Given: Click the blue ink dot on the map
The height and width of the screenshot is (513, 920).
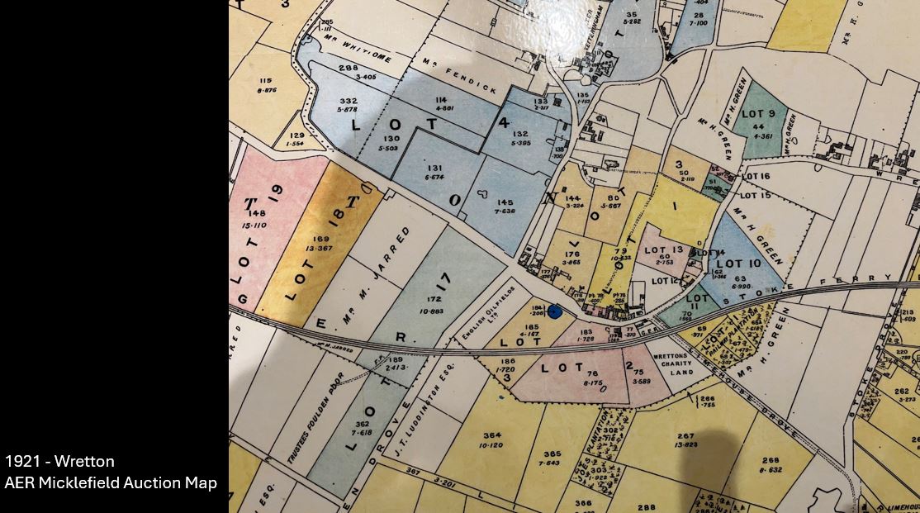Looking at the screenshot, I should pos(555,311).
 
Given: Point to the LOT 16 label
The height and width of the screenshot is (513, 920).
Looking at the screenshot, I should pos(755,177).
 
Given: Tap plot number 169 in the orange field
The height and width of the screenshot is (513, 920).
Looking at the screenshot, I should pos(320,240).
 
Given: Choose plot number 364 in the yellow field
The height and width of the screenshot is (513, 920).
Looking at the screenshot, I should pos(493,435).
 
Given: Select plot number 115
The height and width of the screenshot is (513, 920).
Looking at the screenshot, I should pos(265,81).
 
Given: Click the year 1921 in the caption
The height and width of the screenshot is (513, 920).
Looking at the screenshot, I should pos(21,461).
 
